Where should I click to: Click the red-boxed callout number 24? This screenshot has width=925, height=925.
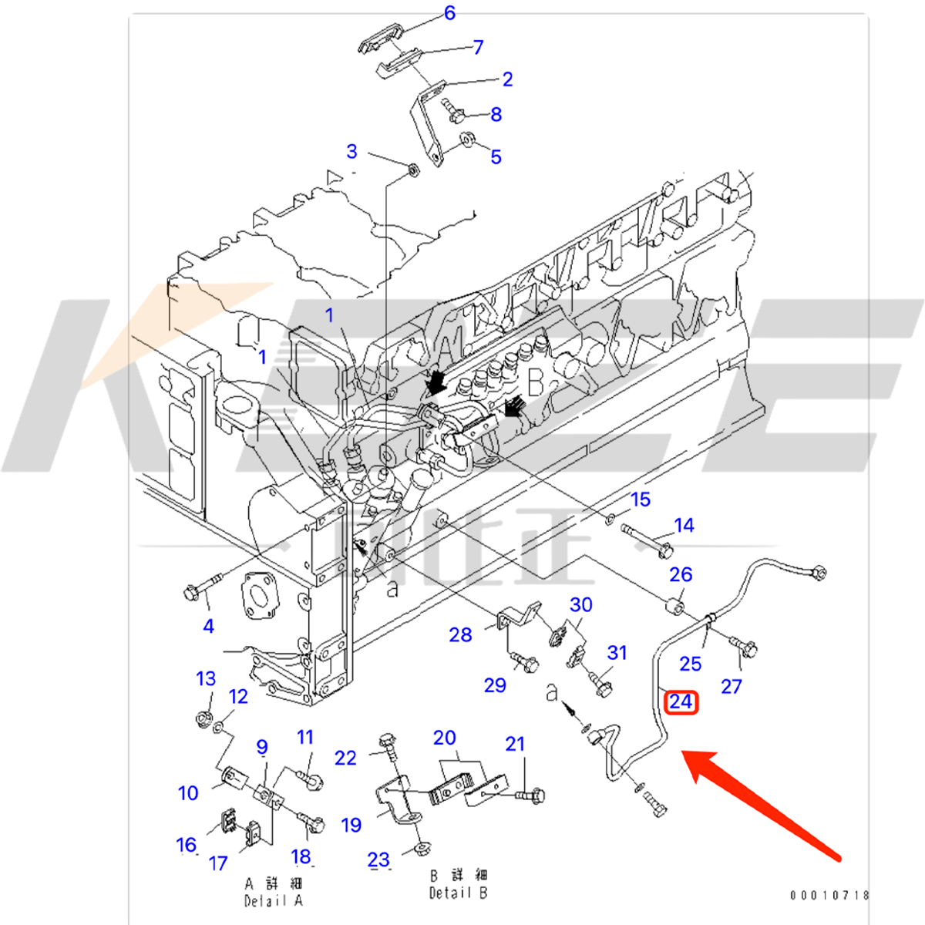[681, 701]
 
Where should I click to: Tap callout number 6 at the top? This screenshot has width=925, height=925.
[449, 13]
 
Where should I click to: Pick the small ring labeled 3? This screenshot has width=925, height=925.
[412, 168]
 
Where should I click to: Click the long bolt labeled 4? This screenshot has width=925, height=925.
[200, 587]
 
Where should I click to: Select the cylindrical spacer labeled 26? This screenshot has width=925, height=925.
[675, 606]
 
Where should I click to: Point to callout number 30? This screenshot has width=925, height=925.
[580, 605]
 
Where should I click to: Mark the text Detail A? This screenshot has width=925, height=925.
[274, 900]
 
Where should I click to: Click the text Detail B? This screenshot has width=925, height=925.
[459, 893]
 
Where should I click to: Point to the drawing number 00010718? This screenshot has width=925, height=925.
[829, 895]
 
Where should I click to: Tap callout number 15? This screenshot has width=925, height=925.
[641, 499]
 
